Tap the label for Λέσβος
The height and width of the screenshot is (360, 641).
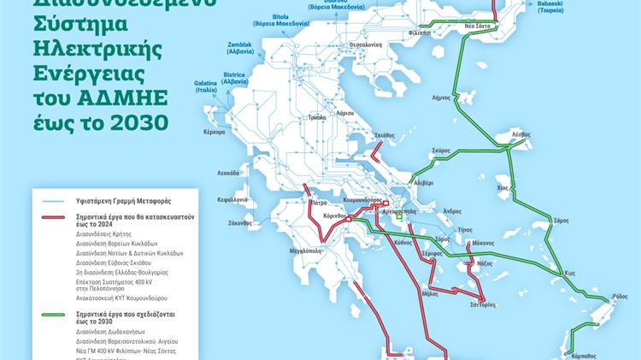coord(521,135)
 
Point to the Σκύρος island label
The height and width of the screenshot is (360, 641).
coord(440,149)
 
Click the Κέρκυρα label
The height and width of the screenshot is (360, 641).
coord(214,133)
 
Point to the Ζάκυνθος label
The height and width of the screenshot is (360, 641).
coord(240,222)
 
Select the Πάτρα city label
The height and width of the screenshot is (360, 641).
coord(319,204)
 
